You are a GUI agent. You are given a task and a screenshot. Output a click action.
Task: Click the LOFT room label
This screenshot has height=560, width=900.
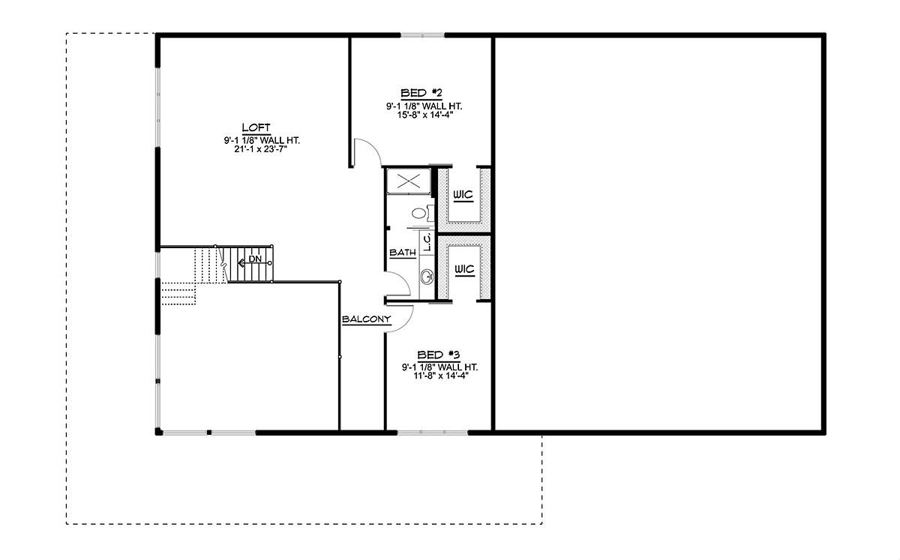[x=256, y=127]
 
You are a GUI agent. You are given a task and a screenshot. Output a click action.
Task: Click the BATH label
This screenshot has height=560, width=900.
[x=403, y=253]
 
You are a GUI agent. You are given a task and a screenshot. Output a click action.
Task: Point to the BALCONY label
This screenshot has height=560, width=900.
[x=366, y=320]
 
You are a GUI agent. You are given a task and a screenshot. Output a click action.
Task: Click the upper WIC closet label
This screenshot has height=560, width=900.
[x=463, y=195]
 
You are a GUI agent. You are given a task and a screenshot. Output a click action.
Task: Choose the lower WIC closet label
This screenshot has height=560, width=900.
[x=463, y=268]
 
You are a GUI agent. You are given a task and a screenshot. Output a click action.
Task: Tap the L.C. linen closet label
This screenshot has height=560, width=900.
[x=425, y=241]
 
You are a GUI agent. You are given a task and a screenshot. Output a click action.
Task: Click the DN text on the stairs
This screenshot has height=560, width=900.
[x=256, y=259]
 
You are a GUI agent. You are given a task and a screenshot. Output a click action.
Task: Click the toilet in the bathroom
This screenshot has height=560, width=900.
[x=419, y=214]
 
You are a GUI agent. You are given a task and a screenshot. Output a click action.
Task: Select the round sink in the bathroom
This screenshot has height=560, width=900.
[x=427, y=277]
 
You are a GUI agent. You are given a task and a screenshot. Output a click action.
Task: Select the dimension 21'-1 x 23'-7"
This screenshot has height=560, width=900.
[x=256, y=149]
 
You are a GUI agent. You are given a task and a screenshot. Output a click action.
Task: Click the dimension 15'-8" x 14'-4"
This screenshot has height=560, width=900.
[x=420, y=115]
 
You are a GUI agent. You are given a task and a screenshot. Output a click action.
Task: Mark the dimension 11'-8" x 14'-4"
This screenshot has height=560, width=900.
[x=439, y=376]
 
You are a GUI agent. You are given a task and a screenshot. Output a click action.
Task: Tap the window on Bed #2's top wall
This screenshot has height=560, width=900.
[x=422, y=35]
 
